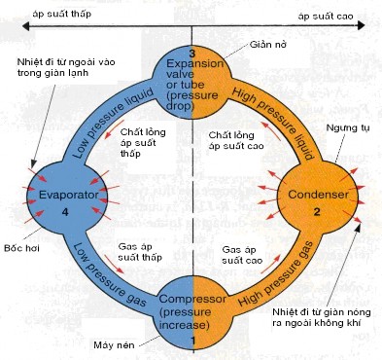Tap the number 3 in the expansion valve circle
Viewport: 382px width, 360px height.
192,52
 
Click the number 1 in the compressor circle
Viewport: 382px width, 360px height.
192,342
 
